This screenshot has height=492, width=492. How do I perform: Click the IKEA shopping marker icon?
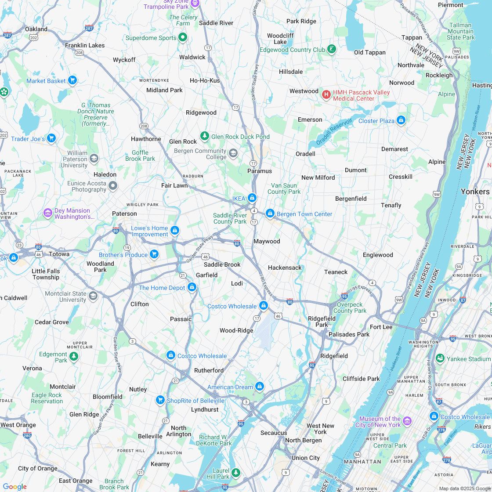(x=252, y=198)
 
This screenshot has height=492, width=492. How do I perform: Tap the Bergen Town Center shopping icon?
(x=270, y=213)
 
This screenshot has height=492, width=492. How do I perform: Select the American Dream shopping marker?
(x=260, y=386)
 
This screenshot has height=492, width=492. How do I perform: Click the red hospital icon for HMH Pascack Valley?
(x=326, y=94)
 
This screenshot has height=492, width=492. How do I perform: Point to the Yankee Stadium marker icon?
(x=439, y=358)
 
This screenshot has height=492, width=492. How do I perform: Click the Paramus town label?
(x=260, y=171)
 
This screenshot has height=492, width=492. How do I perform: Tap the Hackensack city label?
(x=285, y=268)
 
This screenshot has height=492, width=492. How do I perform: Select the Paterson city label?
(x=124, y=213)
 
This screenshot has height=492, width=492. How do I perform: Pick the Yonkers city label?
(x=475, y=192)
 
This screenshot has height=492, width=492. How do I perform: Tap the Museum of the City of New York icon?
(x=407, y=421)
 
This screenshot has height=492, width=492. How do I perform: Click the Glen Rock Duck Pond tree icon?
(x=204, y=136)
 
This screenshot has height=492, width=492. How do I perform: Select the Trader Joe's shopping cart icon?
(x=51, y=138)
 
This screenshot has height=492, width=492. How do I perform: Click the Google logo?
(x=14, y=486)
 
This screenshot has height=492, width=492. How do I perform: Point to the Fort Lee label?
(x=381, y=327)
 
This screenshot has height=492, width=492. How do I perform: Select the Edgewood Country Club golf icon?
(x=332, y=49)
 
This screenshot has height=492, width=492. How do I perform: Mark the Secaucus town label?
(x=274, y=433)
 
